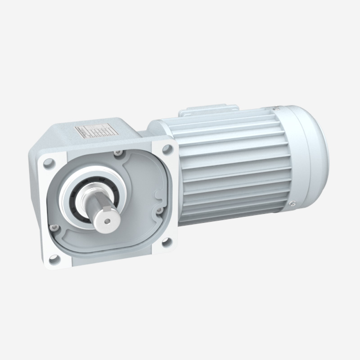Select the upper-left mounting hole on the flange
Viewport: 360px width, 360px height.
(x=49, y=162)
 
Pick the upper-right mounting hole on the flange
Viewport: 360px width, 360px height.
(x=167, y=148)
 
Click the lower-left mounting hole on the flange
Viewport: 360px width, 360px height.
(x=54, y=258)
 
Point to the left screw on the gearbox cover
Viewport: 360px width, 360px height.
(x=54, y=228)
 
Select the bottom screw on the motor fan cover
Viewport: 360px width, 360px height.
(x=292, y=205)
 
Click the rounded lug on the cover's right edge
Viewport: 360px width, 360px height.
(x=158, y=197)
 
